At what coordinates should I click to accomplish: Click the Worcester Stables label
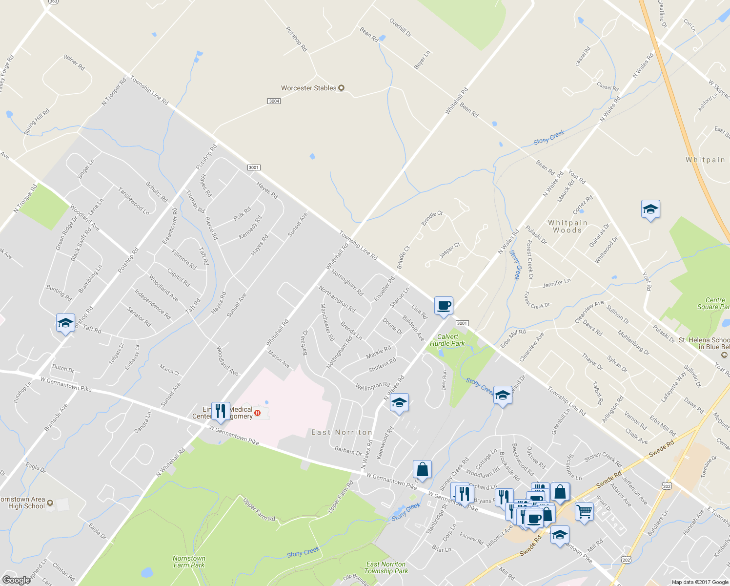(x=309, y=88)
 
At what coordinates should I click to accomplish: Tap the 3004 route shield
(x=274, y=101)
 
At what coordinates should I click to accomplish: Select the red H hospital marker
(x=258, y=414)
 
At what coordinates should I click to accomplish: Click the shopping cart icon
(x=584, y=512)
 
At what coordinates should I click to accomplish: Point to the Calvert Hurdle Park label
(x=447, y=340)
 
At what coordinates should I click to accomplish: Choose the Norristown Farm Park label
(x=189, y=562)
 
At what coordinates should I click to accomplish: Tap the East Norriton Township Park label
(x=385, y=567)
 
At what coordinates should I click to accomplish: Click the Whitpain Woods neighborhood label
(x=568, y=226)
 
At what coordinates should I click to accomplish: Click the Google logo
(x=16, y=580)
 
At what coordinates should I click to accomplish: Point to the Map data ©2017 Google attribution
(x=700, y=582)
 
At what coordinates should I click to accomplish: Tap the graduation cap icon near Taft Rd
(x=65, y=323)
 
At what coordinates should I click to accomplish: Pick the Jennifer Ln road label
(x=556, y=283)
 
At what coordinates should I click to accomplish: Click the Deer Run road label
(x=444, y=380)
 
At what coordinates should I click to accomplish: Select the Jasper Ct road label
(x=449, y=250)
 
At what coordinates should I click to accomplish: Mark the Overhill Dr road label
(x=400, y=28)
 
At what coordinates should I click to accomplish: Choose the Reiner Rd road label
(x=74, y=62)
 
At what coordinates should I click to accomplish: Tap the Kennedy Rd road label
(x=250, y=228)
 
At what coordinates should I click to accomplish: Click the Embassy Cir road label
(x=132, y=357)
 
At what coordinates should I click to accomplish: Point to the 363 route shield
(x=53, y=1)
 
